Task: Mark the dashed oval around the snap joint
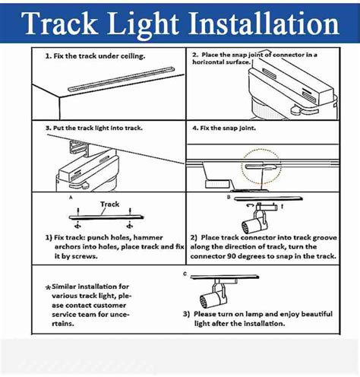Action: coord(261,165)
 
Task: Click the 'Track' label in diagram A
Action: coord(110,204)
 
